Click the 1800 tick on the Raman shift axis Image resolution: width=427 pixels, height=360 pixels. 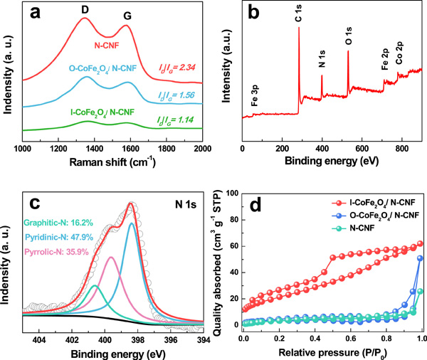tap(167, 148)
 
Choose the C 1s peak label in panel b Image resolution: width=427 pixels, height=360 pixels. tap(297, 21)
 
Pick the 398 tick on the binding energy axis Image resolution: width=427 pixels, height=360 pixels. tap(137, 340)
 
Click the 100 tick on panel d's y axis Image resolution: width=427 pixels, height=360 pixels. tap(233, 193)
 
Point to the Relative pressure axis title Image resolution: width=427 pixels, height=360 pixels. tap(332, 353)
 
